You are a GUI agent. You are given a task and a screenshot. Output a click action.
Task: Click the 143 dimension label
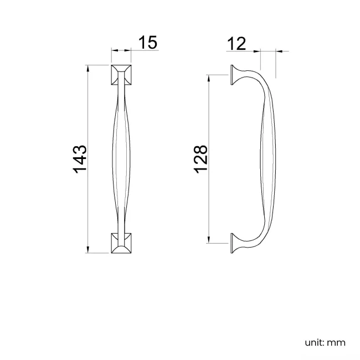tap(80, 158)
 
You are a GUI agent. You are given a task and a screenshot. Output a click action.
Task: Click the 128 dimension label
tap(200, 158)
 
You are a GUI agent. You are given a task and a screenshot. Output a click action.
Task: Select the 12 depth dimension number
tap(236, 43)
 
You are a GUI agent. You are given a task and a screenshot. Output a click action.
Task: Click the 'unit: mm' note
tap(325, 342)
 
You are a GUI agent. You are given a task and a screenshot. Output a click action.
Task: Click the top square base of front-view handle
tap(121, 75)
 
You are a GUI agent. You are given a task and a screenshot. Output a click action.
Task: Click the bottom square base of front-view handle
tap(121, 243)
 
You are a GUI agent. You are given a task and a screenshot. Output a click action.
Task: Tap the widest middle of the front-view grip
tap(121, 159)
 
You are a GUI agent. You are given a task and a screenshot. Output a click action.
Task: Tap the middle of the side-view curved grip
tap(268, 159)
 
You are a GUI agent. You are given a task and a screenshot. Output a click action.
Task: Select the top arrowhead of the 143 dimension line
tap(88, 67)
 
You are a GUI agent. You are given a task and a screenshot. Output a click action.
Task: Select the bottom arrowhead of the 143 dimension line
tap(88, 250)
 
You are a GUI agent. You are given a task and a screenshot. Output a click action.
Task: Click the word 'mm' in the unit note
tap(337, 342)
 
